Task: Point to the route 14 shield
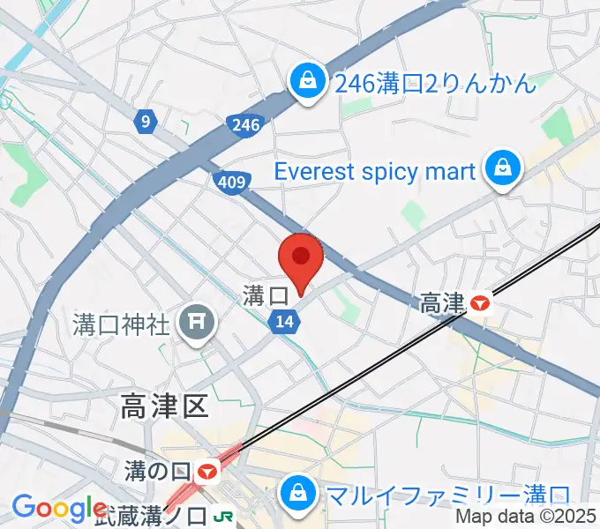click(284, 323)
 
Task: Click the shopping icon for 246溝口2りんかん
click(306, 85)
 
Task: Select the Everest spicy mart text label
click(376, 170)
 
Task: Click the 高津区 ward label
click(164, 406)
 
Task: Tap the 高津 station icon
click(480, 304)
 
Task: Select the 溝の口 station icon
click(208, 472)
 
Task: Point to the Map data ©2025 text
click(527, 518)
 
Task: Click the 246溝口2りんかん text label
click(436, 85)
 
